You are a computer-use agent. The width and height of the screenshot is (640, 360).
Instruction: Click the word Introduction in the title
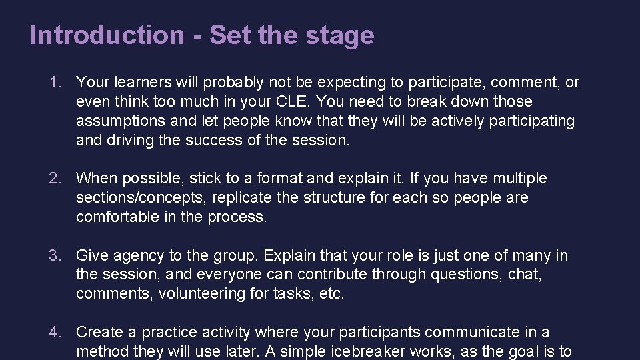pos(106,35)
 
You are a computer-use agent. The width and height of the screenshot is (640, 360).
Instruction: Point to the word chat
pos(527,275)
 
